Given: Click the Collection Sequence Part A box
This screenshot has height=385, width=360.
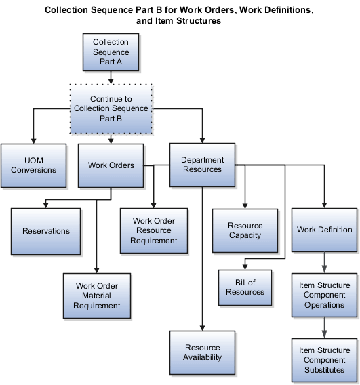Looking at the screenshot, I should [111, 52].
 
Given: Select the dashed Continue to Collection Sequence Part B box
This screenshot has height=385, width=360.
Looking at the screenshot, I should [111, 108].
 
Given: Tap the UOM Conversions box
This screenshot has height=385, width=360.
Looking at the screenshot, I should [33, 165].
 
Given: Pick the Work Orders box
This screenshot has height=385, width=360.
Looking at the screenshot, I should [111, 165].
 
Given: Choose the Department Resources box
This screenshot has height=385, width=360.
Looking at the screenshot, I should [202, 165].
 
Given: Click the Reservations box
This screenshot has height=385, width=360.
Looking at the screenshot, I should [46, 231].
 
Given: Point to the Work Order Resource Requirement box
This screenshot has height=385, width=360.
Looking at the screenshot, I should [154, 230].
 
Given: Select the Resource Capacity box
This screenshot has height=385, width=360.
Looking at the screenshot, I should [245, 230].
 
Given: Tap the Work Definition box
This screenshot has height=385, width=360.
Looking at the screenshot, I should [324, 230].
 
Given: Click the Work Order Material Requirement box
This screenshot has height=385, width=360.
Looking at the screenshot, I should [97, 296].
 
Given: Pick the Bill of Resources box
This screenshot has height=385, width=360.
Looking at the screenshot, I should [245, 287].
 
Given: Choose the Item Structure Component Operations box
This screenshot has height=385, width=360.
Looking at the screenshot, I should [324, 296].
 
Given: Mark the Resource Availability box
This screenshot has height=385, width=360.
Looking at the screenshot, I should [203, 352].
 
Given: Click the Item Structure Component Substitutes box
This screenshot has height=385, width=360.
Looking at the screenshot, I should [324, 361].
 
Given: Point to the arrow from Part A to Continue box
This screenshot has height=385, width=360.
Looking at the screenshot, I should [111, 77].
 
